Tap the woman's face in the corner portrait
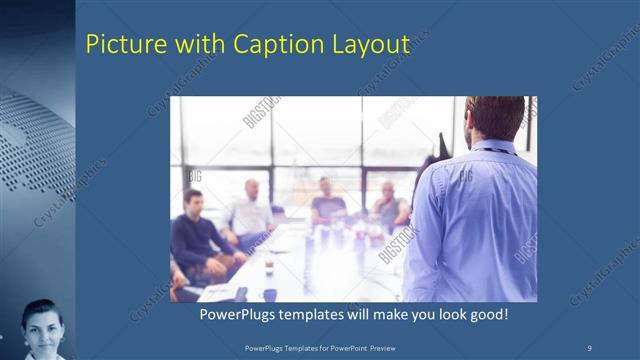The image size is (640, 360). pyautogui.click(x=41, y=327)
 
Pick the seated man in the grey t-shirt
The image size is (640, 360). pyautogui.click(x=327, y=202)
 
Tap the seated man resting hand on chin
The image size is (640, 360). pyautogui.click(x=390, y=204)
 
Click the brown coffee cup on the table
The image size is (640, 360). pyautogui.click(x=269, y=267)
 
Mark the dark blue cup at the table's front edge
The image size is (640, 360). pyautogui.click(x=270, y=294)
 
